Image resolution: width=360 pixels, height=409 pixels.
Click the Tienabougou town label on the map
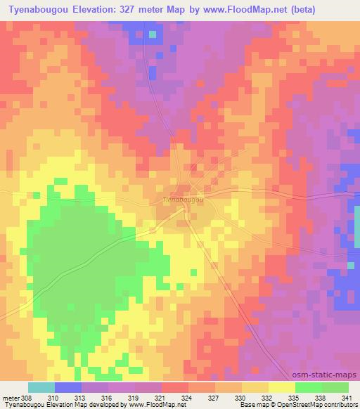(184, 200)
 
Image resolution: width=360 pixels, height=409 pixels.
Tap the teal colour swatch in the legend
(41, 387)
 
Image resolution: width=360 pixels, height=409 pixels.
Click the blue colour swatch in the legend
(68, 387)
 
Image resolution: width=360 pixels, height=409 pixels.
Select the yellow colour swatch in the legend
(281, 387)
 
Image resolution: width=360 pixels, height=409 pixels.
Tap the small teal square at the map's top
(152, 33)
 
